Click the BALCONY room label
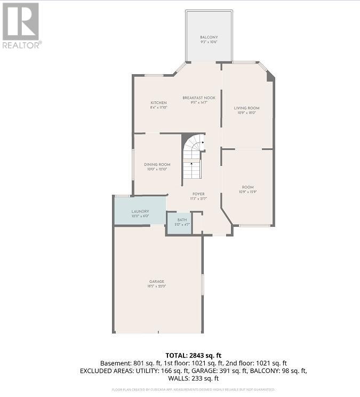point(209,37)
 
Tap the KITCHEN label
point(158,102)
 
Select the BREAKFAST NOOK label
point(198,98)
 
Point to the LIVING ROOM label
point(246,108)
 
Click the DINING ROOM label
point(157,164)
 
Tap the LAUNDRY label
point(140,211)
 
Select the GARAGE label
point(157,281)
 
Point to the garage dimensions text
point(157,286)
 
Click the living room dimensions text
point(246,113)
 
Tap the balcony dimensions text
point(209,42)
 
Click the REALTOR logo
point(21,25)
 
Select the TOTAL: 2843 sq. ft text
point(194,354)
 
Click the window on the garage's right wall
point(203,284)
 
